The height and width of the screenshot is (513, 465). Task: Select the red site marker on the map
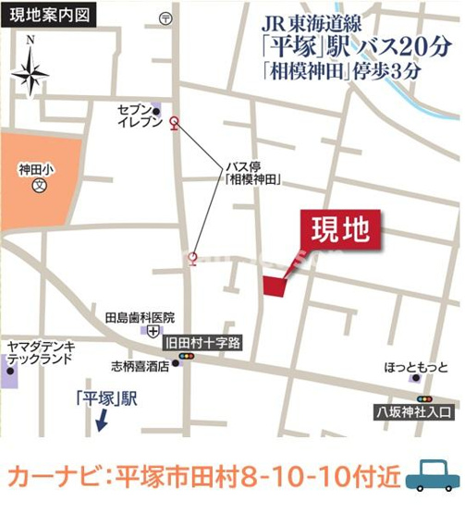275,286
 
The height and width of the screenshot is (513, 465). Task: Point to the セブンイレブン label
140,116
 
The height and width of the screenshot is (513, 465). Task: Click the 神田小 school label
38,170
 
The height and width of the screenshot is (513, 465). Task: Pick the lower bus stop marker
192,258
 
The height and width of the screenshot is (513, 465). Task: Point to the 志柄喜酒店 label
140,364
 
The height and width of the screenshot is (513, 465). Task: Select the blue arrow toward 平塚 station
101,422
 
